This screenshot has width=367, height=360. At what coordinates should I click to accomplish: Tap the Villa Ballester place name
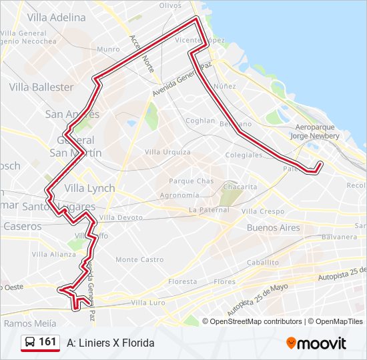[41, 87]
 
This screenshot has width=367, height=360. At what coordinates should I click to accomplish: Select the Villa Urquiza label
[167, 152]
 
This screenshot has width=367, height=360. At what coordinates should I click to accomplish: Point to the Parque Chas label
[191, 181]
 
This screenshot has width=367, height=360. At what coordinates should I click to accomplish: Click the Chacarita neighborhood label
[240, 187]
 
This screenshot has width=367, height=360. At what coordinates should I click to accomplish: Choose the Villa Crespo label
[262, 211]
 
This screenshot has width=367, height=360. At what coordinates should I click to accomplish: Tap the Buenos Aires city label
[274, 227]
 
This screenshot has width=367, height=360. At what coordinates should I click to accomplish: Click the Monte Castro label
[139, 259]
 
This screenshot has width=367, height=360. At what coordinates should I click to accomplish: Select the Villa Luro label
[147, 303]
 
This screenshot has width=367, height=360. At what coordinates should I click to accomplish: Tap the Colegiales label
[244, 155]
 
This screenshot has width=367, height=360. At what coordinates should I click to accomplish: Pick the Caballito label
[262, 263]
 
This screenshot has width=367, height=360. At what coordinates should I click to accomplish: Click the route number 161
[47, 342]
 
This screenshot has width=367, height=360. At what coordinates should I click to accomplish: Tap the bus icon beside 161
[31, 343]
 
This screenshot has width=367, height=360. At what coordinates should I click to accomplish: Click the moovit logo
[316, 343]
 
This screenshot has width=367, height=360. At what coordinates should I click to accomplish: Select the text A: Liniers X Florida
[111, 343]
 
